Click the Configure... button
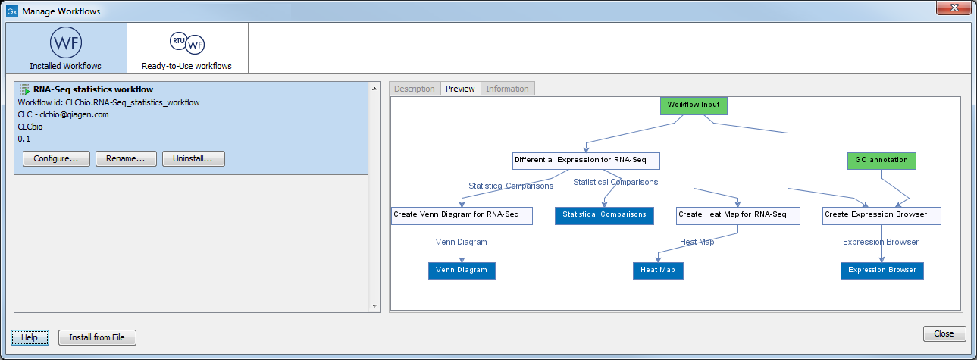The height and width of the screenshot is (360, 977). [x=56, y=159]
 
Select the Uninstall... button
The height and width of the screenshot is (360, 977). [x=193, y=159]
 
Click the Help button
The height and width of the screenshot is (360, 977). [x=30, y=337]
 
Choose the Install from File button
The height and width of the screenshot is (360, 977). [x=97, y=337]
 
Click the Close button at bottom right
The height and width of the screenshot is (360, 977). [x=944, y=333]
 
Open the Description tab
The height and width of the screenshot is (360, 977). [x=415, y=89]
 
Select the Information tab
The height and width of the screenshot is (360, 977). [x=507, y=89]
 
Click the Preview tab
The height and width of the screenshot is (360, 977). [x=460, y=89]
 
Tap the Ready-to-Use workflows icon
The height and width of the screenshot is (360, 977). [x=187, y=42]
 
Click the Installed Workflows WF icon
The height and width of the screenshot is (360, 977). [x=66, y=42]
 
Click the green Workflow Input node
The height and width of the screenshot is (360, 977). [x=694, y=105]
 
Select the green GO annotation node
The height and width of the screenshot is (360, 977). [x=881, y=161]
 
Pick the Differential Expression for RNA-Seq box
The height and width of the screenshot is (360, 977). [x=586, y=161]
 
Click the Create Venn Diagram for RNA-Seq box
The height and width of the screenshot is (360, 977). [x=462, y=215]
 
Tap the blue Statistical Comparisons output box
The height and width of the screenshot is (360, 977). [x=604, y=215]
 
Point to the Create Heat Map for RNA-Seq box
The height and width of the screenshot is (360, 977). [x=738, y=215]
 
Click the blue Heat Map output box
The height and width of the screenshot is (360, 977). [x=658, y=271]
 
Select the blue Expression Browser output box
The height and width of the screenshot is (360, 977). [x=882, y=271]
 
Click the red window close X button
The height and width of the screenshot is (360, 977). [x=954, y=8]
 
